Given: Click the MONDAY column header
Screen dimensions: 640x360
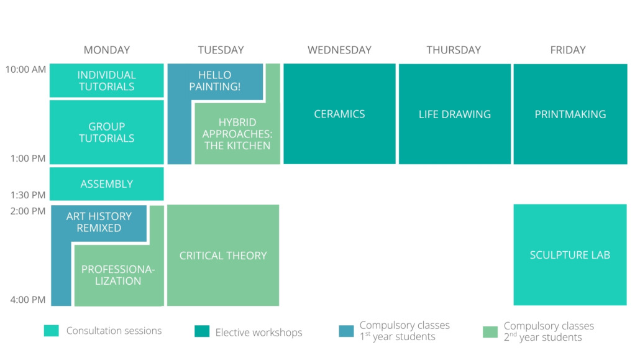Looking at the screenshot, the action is pyautogui.click(x=106, y=50).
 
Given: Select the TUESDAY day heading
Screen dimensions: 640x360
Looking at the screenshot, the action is pyautogui.click(x=221, y=50).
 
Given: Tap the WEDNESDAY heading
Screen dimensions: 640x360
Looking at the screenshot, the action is pyautogui.click(x=340, y=50).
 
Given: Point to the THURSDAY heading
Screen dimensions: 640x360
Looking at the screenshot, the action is pyautogui.click(x=454, y=50).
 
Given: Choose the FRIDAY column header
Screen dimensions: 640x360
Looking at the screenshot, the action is pyautogui.click(x=568, y=50).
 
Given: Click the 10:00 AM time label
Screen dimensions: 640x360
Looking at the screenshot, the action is pyautogui.click(x=25, y=70).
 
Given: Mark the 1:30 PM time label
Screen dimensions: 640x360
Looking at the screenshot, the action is pyautogui.click(x=28, y=195).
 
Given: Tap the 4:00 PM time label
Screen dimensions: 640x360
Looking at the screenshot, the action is pyautogui.click(x=28, y=300).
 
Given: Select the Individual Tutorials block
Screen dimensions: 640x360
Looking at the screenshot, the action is pyautogui.click(x=106, y=80).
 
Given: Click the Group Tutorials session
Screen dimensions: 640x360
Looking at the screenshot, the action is pyautogui.click(x=106, y=132).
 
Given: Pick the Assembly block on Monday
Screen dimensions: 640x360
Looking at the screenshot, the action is pyautogui.click(x=106, y=184).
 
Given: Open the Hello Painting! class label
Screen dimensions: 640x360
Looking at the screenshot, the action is pyautogui.click(x=215, y=81).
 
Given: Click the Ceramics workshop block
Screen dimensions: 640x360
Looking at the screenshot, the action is pyautogui.click(x=340, y=114).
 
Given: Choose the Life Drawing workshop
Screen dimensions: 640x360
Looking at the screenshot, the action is pyautogui.click(x=455, y=114).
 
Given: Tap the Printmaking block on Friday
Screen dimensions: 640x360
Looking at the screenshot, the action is pyautogui.click(x=570, y=114).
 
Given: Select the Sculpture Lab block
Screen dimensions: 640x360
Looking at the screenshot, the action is pyautogui.click(x=570, y=255).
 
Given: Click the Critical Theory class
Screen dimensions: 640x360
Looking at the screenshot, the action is pyautogui.click(x=223, y=256).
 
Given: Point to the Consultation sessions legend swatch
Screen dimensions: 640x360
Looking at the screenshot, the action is pyautogui.click(x=52, y=331).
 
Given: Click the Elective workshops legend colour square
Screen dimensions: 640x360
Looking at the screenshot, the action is pyautogui.click(x=202, y=331).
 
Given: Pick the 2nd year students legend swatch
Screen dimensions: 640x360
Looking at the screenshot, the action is pyautogui.click(x=490, y=332).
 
